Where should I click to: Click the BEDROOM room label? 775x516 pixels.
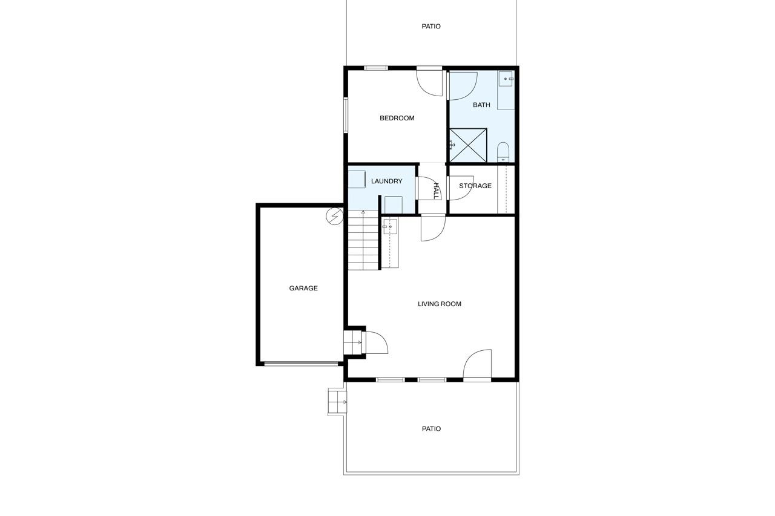coord(397,118)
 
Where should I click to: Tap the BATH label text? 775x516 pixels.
coord(481,105)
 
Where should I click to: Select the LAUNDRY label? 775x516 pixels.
coord(386,181)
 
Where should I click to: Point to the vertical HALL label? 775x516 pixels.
coord(437,191)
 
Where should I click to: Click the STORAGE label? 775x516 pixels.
coord(475,186)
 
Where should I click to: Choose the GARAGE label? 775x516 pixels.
coord(303,288)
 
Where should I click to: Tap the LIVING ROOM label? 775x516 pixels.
coord(440,304)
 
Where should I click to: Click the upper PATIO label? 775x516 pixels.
coord(431,26)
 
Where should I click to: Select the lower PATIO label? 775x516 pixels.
coord(431,429)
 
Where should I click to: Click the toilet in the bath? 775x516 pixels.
coord(503,152)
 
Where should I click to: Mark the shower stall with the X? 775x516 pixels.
coord(468,145)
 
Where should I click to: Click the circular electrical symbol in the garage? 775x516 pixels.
coord(335,217)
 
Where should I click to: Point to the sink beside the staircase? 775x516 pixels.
coord(390,227)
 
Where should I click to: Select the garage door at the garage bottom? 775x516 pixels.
coord(301,364)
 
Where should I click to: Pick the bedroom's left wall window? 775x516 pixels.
coord(346,115)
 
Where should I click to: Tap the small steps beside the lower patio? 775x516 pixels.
coord(337,402)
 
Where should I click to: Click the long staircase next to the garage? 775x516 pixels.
coord(363,240)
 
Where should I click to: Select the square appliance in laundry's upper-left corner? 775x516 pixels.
coord(357,179)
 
